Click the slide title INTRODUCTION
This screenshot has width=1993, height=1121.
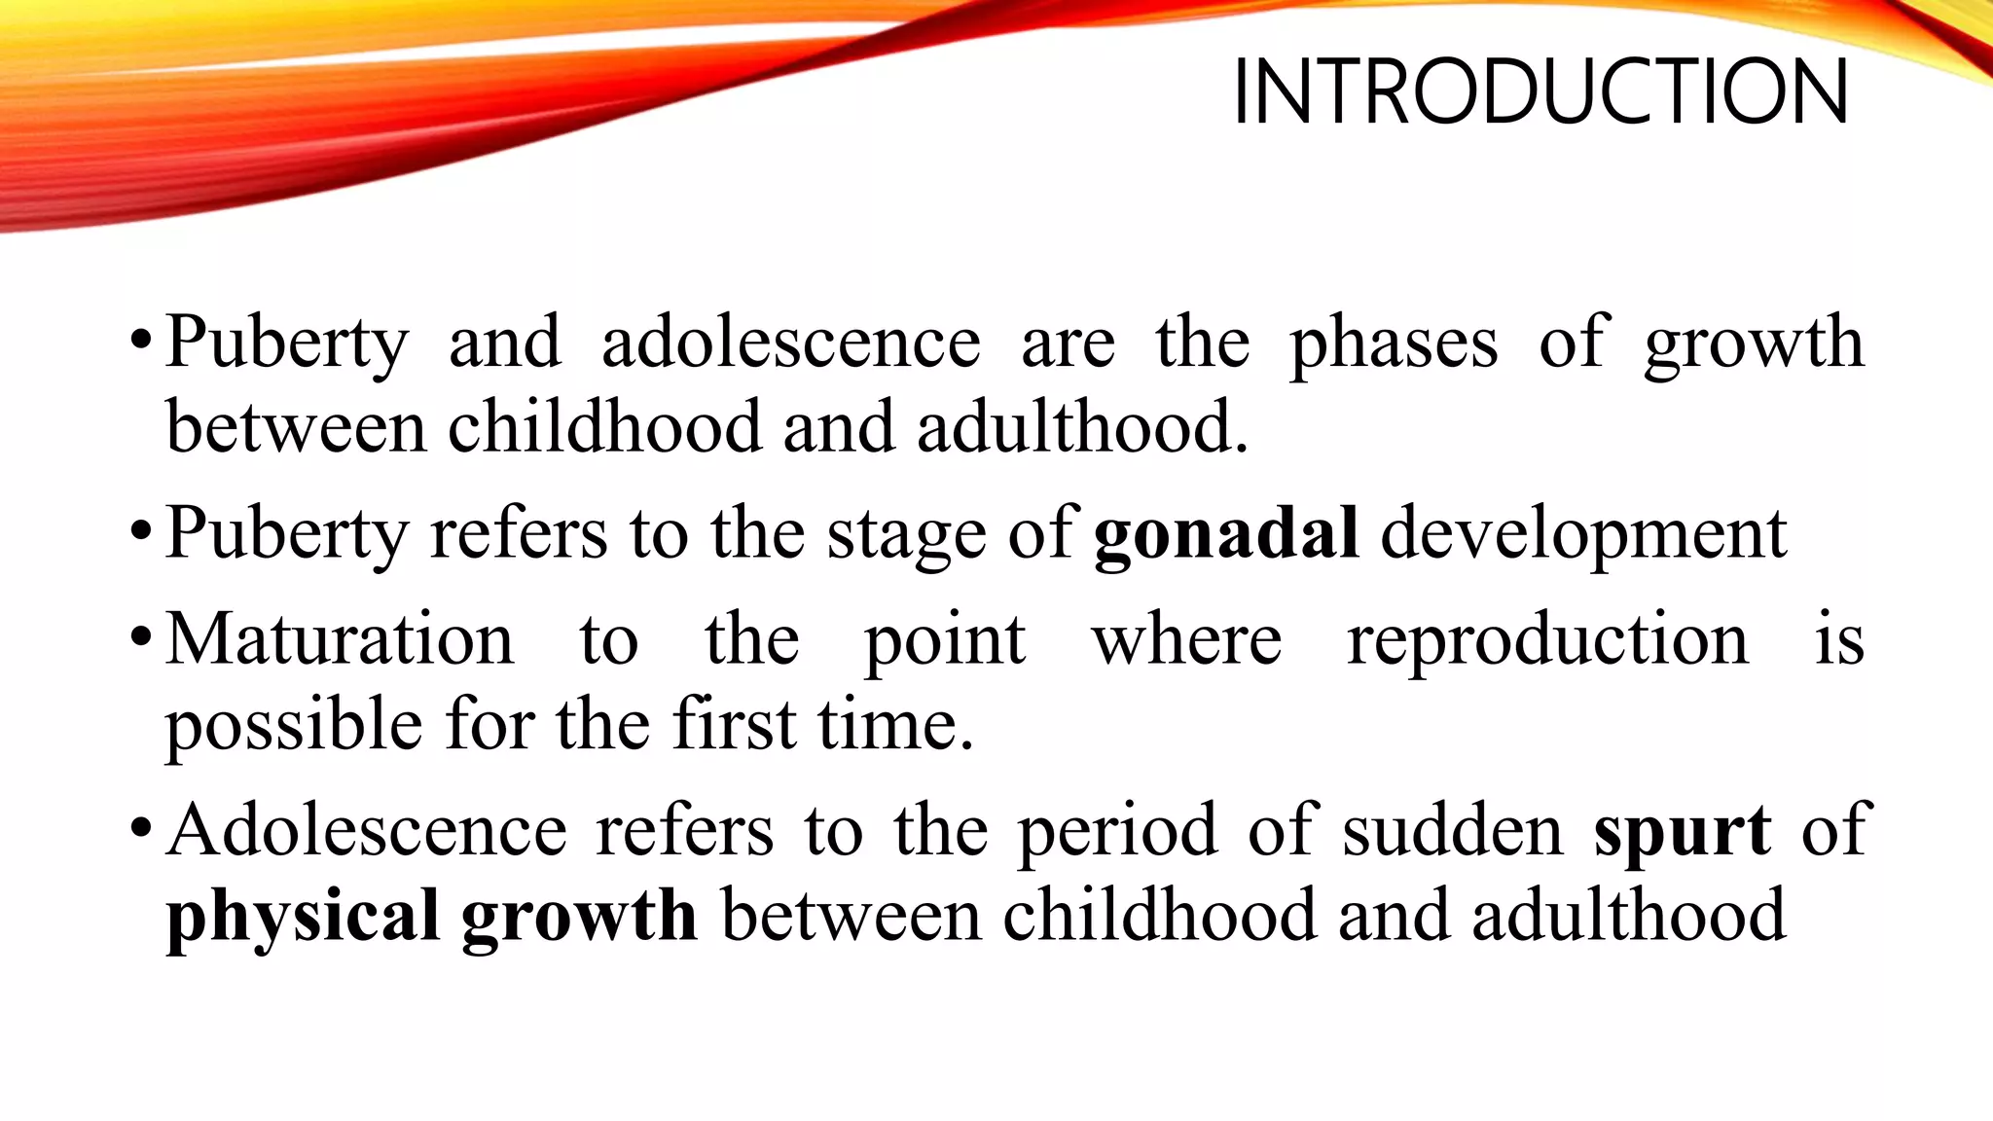[x=1540, y=92]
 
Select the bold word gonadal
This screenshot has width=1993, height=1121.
[x=1226, y=534]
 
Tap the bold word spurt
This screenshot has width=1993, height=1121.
[x=1682, y=830]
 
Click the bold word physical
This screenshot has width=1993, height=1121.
[x=303, y=917]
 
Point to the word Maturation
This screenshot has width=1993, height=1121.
[x=340, y=639]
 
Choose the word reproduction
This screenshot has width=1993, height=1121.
[x=1547, y=641]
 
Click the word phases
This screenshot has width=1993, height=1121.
[x=1394, y=344]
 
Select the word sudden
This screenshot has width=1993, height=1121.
[x=1452, y=830]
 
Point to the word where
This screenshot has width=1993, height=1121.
[x=1186, y=639]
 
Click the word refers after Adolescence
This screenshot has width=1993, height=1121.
[x=684, y=830]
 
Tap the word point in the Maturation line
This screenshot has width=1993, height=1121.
[x=944, y=641]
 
